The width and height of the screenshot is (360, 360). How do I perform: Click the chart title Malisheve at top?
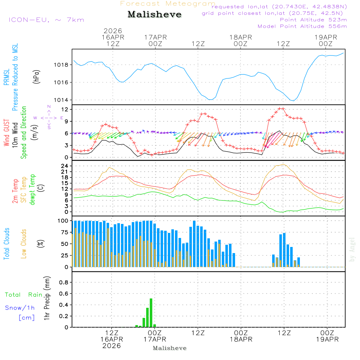155,15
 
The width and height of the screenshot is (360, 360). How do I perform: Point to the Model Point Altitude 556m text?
302,26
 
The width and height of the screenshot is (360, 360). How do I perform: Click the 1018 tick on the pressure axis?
62,65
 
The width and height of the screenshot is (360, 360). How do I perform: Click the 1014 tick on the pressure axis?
62,100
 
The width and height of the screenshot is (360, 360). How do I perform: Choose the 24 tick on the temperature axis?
64,166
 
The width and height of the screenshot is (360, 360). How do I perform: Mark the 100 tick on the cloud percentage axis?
63,221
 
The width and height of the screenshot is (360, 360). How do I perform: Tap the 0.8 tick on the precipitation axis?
64,282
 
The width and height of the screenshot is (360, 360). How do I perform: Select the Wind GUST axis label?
6,133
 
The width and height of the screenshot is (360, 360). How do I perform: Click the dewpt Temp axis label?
32,190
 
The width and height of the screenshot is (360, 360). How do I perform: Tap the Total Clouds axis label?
6,244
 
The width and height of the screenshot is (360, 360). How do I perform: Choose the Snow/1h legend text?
20,308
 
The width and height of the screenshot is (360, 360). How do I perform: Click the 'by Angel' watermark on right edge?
352,249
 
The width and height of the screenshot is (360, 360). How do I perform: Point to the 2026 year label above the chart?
113,31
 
